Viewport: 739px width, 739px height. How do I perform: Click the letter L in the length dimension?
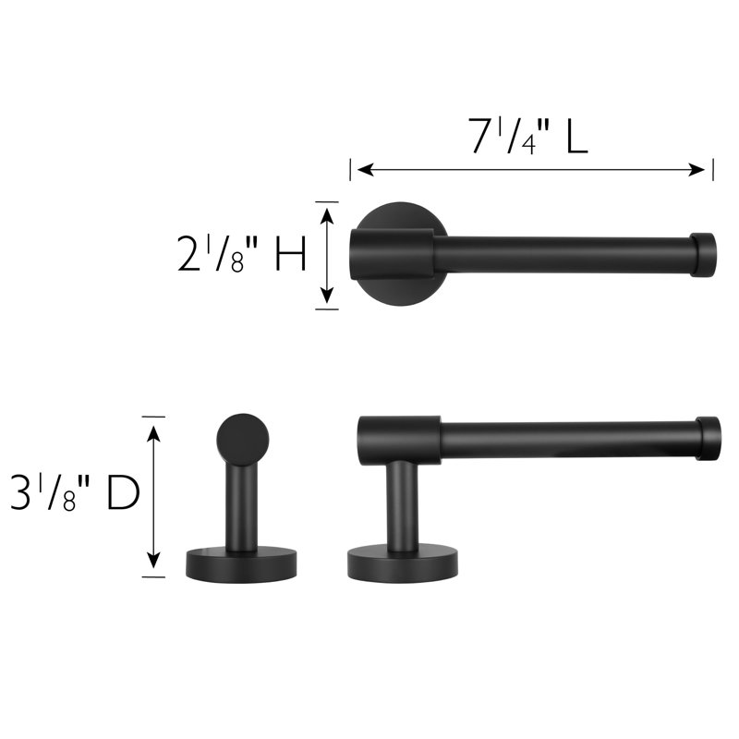pos(576,136)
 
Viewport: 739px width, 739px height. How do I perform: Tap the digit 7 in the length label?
pos(482,136)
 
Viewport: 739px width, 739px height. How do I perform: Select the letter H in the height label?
pos(291,253)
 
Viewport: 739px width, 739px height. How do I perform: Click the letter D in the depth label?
pos(124,493)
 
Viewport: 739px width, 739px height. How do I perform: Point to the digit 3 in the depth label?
pos(20,493)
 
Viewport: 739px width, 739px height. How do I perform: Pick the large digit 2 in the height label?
pos(188,253)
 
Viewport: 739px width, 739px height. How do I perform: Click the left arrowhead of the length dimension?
pos(365,170)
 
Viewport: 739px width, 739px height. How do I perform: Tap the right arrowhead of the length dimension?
pos(697,170)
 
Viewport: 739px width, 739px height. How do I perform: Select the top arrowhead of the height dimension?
pos(327,216)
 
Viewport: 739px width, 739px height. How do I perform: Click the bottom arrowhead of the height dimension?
pos(327,295)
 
